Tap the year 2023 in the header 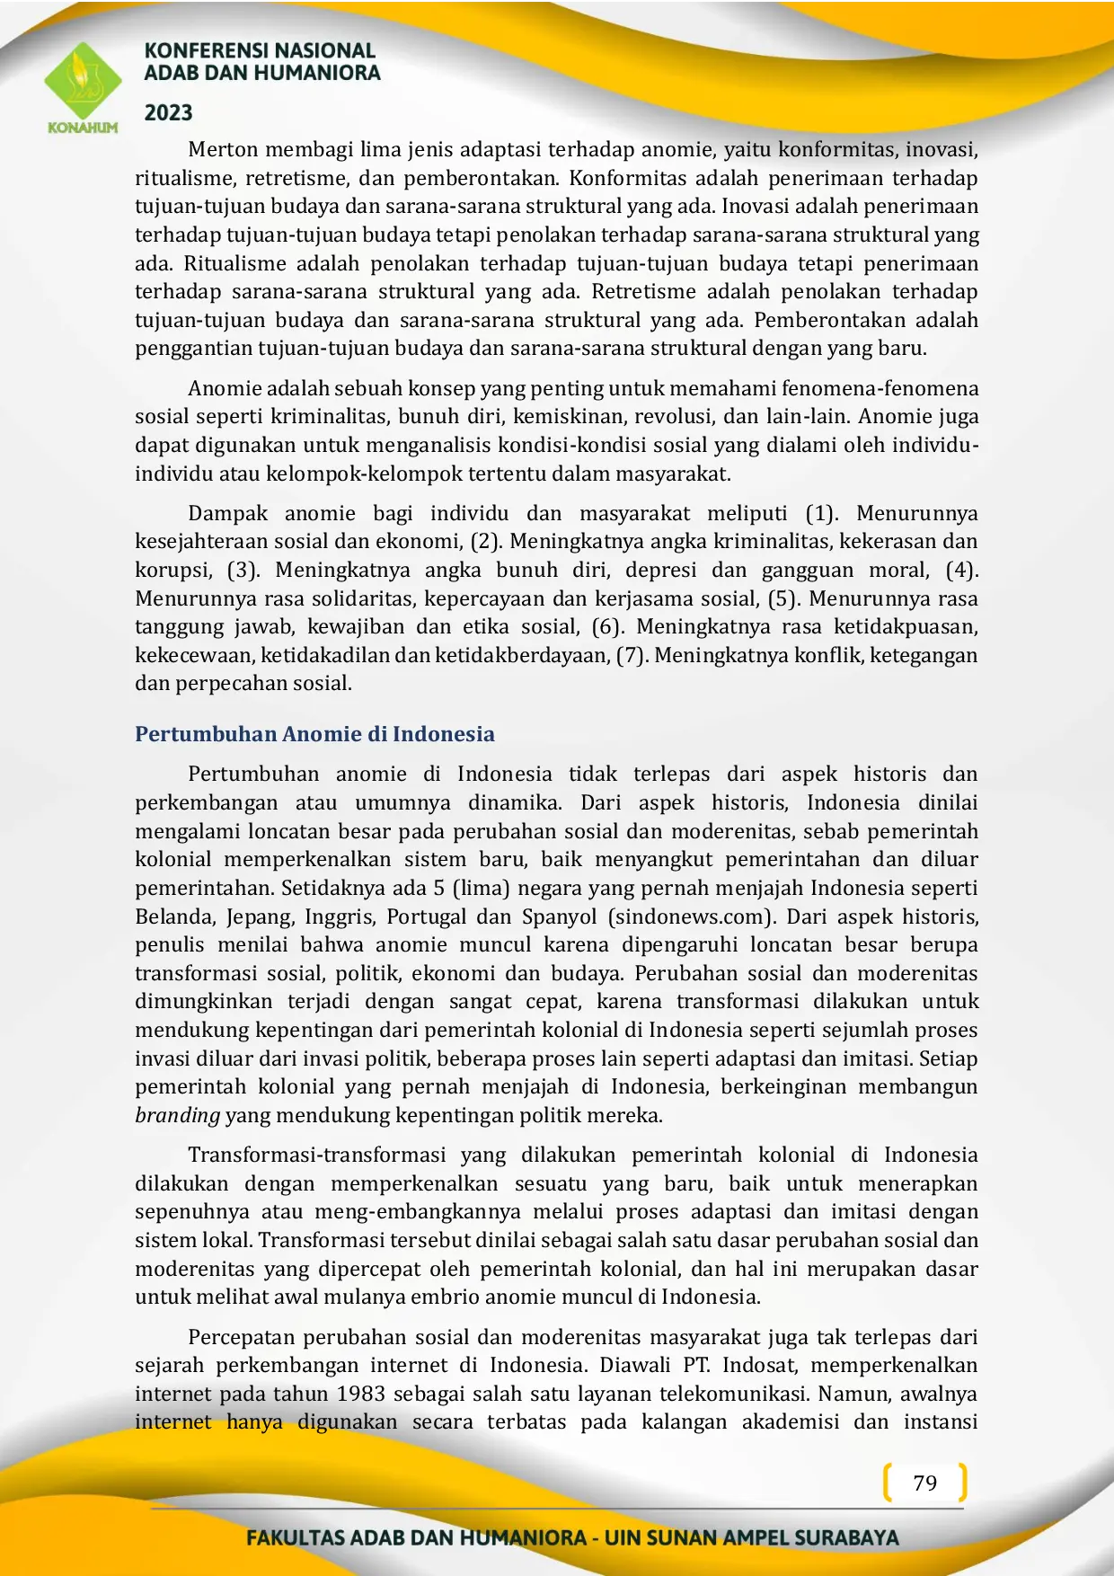[x=169, y=113]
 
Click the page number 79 [x=924, y=1483]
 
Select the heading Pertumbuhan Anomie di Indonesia [x=314, y=734]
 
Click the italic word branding [x=177, y=1115]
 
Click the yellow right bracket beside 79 [x=963, y=1483]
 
